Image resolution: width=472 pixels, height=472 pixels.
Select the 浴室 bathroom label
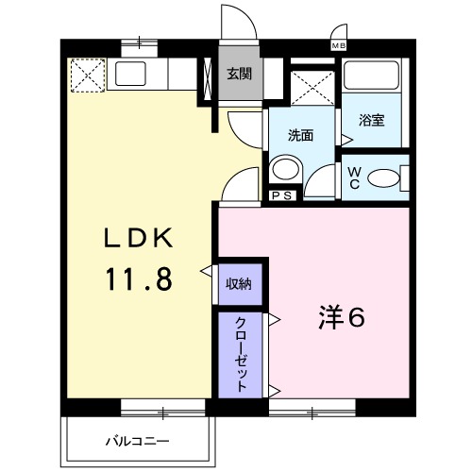pos(371,120)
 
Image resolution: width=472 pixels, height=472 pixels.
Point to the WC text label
pos(351,177)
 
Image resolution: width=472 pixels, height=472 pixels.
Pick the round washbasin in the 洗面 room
pos(284,169)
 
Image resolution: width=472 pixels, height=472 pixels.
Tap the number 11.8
pos(139,280)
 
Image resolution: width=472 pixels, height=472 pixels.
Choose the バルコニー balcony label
pos(136,441)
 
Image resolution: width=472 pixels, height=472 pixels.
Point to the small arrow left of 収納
pos(205,272)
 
